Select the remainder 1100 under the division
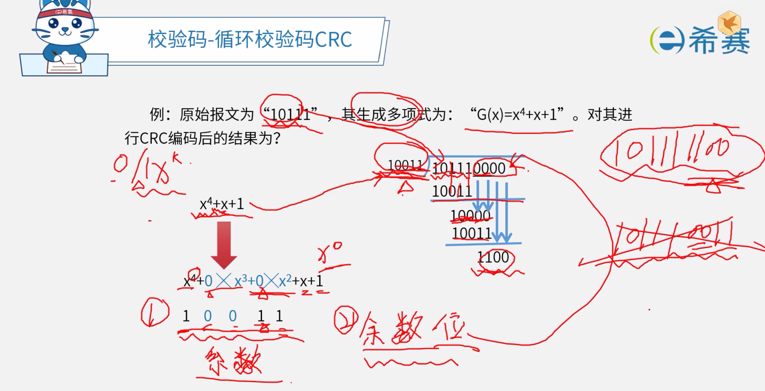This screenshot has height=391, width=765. [493, 257]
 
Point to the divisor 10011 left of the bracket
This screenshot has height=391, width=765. [405, 165]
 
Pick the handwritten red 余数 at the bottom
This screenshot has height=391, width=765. [233, 362]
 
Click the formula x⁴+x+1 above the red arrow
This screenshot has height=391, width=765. [222, 204]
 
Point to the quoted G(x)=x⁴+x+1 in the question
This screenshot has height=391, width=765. [517, 115]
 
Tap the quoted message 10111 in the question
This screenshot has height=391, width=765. [290, 115]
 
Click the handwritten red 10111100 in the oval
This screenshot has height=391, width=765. [672, 151]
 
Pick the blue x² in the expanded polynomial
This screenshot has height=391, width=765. [285, 281]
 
